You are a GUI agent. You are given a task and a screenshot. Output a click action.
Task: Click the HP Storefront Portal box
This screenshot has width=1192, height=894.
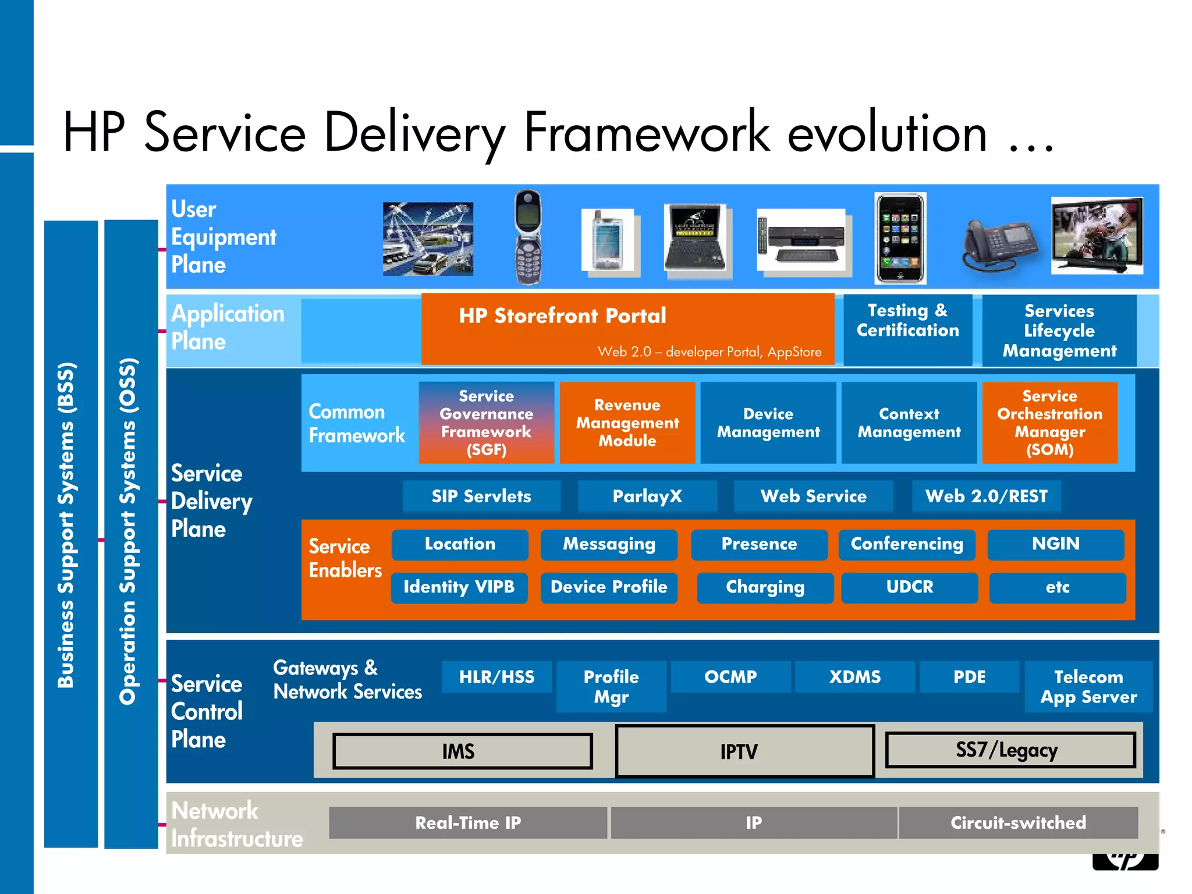click(x=627, y=329)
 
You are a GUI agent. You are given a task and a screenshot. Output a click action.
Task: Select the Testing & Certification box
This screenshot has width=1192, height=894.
click(x=907, y=329)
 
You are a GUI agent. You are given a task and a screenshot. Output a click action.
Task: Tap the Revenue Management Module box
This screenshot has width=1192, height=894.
click(x=627, y=423)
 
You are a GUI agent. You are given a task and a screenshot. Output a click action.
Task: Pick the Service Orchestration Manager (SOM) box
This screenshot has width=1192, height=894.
click(x=1049, y=423)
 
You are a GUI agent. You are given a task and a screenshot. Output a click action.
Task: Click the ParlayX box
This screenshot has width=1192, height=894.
click(x=647, y=496)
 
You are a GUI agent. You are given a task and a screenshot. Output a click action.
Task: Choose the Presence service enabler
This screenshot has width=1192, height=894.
click(x=759, y=544)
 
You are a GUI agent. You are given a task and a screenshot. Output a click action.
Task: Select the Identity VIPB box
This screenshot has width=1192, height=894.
click(x=459, y=587)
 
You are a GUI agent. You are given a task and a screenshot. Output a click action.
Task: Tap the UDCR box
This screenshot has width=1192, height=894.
click(x=909, y=587)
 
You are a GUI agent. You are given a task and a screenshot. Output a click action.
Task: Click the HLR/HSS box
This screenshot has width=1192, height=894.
click(x=496, y=677)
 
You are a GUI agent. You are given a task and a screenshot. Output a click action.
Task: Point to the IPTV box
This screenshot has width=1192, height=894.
click(x=744, y=751)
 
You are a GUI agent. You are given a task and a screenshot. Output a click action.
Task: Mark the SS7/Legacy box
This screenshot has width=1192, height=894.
click(x=1010, y=750)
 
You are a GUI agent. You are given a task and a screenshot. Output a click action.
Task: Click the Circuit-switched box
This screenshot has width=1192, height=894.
click(x=1018, y=822)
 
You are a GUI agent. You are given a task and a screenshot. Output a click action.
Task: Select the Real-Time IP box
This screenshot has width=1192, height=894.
click(x=468, y=822)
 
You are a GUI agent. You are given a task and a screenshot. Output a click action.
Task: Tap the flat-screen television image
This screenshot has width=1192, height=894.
click(x=1097, y=236)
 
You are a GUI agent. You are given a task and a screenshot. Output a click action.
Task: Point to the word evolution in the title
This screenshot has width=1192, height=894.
click(x=887, y=133)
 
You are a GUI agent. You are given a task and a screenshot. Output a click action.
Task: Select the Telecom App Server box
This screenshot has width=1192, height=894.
click(x=1088, y=687)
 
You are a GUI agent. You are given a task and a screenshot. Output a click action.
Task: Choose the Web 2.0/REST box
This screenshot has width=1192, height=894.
click(x=986, y=496)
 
